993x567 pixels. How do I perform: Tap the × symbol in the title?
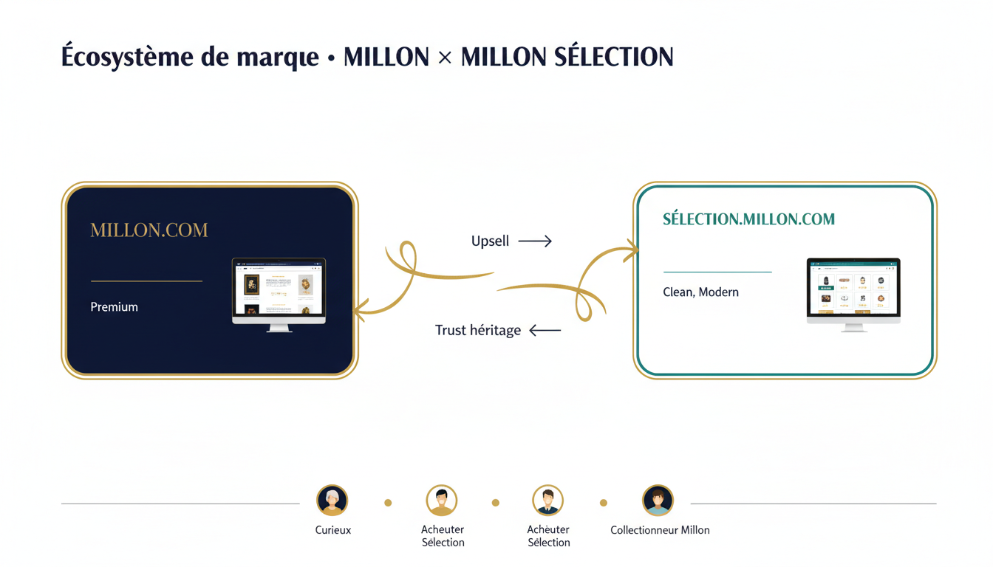click(445, 58)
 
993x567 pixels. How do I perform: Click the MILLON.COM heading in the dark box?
click(149, 230)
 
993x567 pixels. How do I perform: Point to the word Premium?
click(114, 307)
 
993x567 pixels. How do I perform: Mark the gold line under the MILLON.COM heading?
click(146, 281)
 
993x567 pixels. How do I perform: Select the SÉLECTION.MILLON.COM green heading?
click(748, 219)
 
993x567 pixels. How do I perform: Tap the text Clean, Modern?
click(700, 292)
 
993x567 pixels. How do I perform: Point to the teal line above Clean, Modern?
click(717, 272)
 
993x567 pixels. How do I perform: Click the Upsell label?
click(491, 241)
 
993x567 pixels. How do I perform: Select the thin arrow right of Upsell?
click(535, 241)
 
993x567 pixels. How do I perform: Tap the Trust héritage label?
click(478, 331)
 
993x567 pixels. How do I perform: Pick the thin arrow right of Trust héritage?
click(545, 331)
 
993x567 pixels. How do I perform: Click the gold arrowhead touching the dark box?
click(360, 311)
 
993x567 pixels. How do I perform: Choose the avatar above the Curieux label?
click(332, 501)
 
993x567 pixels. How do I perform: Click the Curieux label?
click(333, 530)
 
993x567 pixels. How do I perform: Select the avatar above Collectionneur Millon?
click(658, 501)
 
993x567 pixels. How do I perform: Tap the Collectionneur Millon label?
click(660, 530)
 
